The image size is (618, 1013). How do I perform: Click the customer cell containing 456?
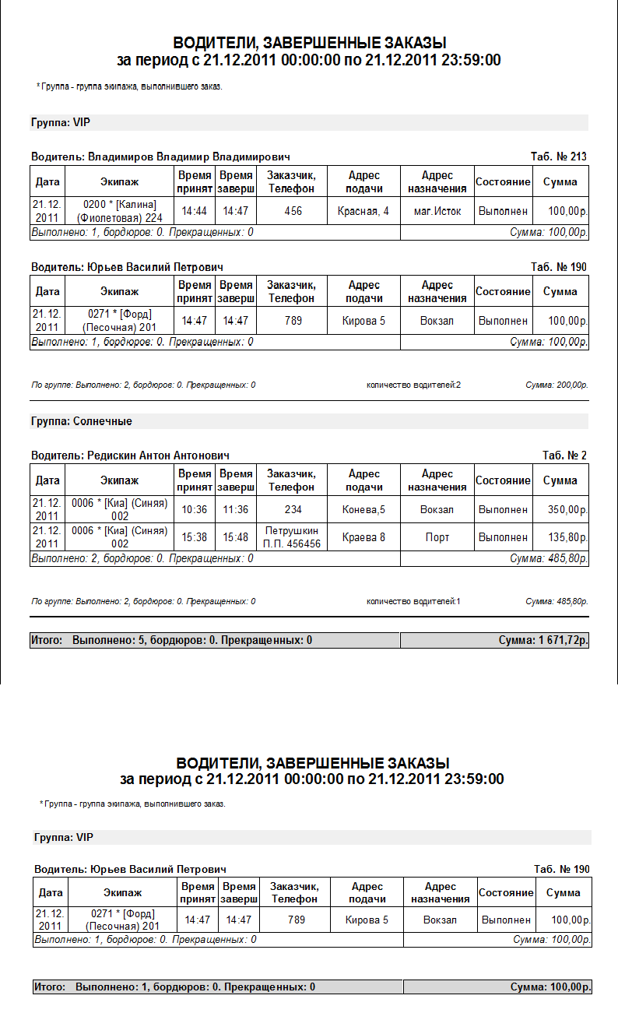(x=293, y=211)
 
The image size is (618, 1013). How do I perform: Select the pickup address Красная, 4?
(x=363, y=211)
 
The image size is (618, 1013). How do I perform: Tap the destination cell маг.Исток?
(x=437, y=211)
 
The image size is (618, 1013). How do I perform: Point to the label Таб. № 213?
(x=559, y=157)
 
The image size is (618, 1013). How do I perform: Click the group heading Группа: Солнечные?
(x=82, y=421)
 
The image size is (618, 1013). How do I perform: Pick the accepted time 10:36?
(x=195, y=509)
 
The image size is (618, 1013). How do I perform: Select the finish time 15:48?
(x=235, y=537)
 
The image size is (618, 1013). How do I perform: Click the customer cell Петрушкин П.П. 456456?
(x=293, y=537)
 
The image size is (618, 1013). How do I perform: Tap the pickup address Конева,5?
(x=363, y=509)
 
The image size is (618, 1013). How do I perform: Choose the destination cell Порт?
(x=437, y=537)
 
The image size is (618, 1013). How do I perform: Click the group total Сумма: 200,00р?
(x=557, y=385)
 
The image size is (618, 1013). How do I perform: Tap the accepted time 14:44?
(x=195, y=211)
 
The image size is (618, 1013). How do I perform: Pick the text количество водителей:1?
(x=413, y=601)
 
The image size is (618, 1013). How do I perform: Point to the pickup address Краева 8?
(x=363, y=537)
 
